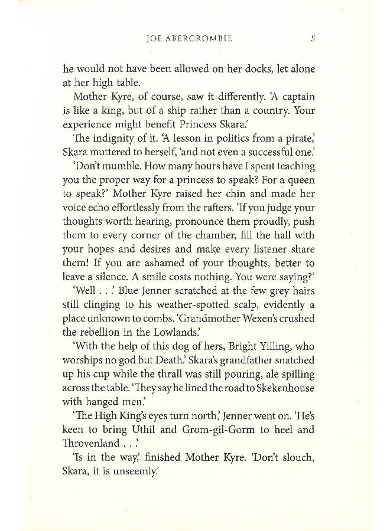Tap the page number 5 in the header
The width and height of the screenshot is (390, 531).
pos(313,40)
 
